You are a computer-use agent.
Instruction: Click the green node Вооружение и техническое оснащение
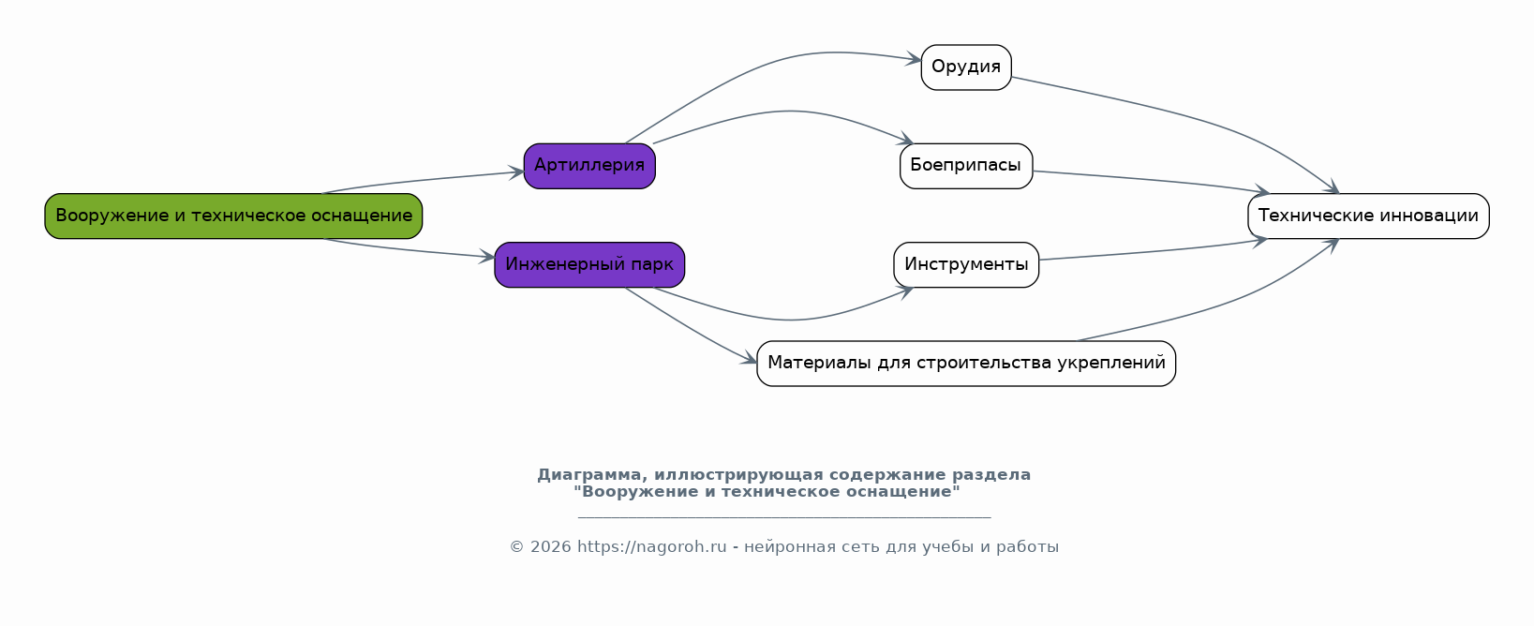[233, 216]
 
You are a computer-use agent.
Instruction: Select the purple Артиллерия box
[589, 166]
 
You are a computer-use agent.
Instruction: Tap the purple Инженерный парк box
[589, 264]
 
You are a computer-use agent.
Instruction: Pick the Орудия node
[966, 67]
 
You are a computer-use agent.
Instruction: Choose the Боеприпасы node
[966, 166]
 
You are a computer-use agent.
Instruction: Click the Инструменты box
[966, 264]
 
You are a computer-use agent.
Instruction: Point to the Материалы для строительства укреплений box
[966, 363]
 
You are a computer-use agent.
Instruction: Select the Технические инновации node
[1368, 216]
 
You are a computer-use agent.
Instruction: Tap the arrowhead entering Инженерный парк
[487, 258]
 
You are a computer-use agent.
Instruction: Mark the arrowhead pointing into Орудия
[915, 60]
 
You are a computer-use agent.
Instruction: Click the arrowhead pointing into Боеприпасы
[907, 139]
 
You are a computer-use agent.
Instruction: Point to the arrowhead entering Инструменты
[907, 291]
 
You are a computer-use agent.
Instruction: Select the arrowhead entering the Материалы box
[749, 360]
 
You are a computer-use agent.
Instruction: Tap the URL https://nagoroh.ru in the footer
[651, 546]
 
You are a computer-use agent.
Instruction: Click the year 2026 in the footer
[551, 546]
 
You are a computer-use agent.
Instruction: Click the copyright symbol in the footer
[516, 546]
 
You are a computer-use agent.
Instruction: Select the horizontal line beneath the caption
[784, 517]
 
